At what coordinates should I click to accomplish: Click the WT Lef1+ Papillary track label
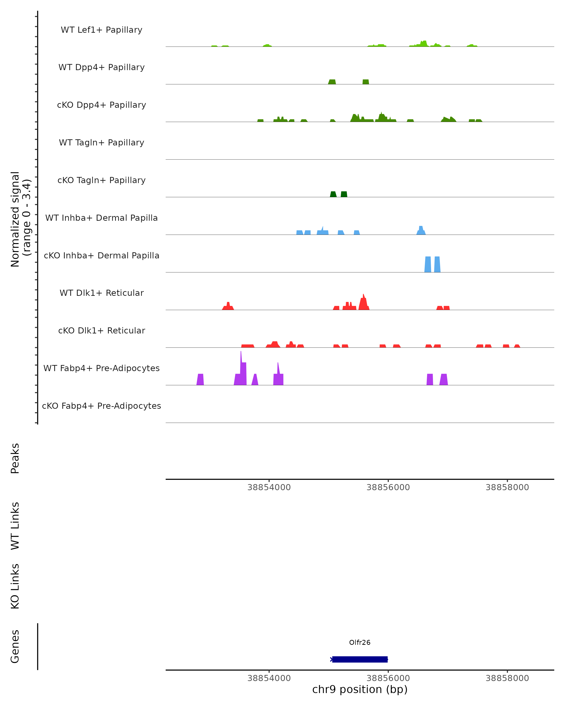tap(101, 30)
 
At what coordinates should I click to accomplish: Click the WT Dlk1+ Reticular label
tap(101, 293)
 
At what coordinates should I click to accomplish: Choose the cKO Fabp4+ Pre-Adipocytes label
tap(101, 406)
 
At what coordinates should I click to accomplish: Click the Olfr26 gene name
tap(360, 642)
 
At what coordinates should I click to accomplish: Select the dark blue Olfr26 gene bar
tap(360, 659)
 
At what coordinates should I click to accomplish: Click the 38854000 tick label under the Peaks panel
tap(269, 487)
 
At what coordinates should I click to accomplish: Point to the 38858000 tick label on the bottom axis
tap(507, 678)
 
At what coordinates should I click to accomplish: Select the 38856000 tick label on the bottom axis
tap(388, 678)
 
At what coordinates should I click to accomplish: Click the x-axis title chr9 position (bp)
tap(360, 689)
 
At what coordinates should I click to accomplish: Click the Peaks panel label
tap(15, 458)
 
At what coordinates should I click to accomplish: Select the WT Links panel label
tap(15, 525)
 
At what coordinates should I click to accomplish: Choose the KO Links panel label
tap(15, 586)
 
